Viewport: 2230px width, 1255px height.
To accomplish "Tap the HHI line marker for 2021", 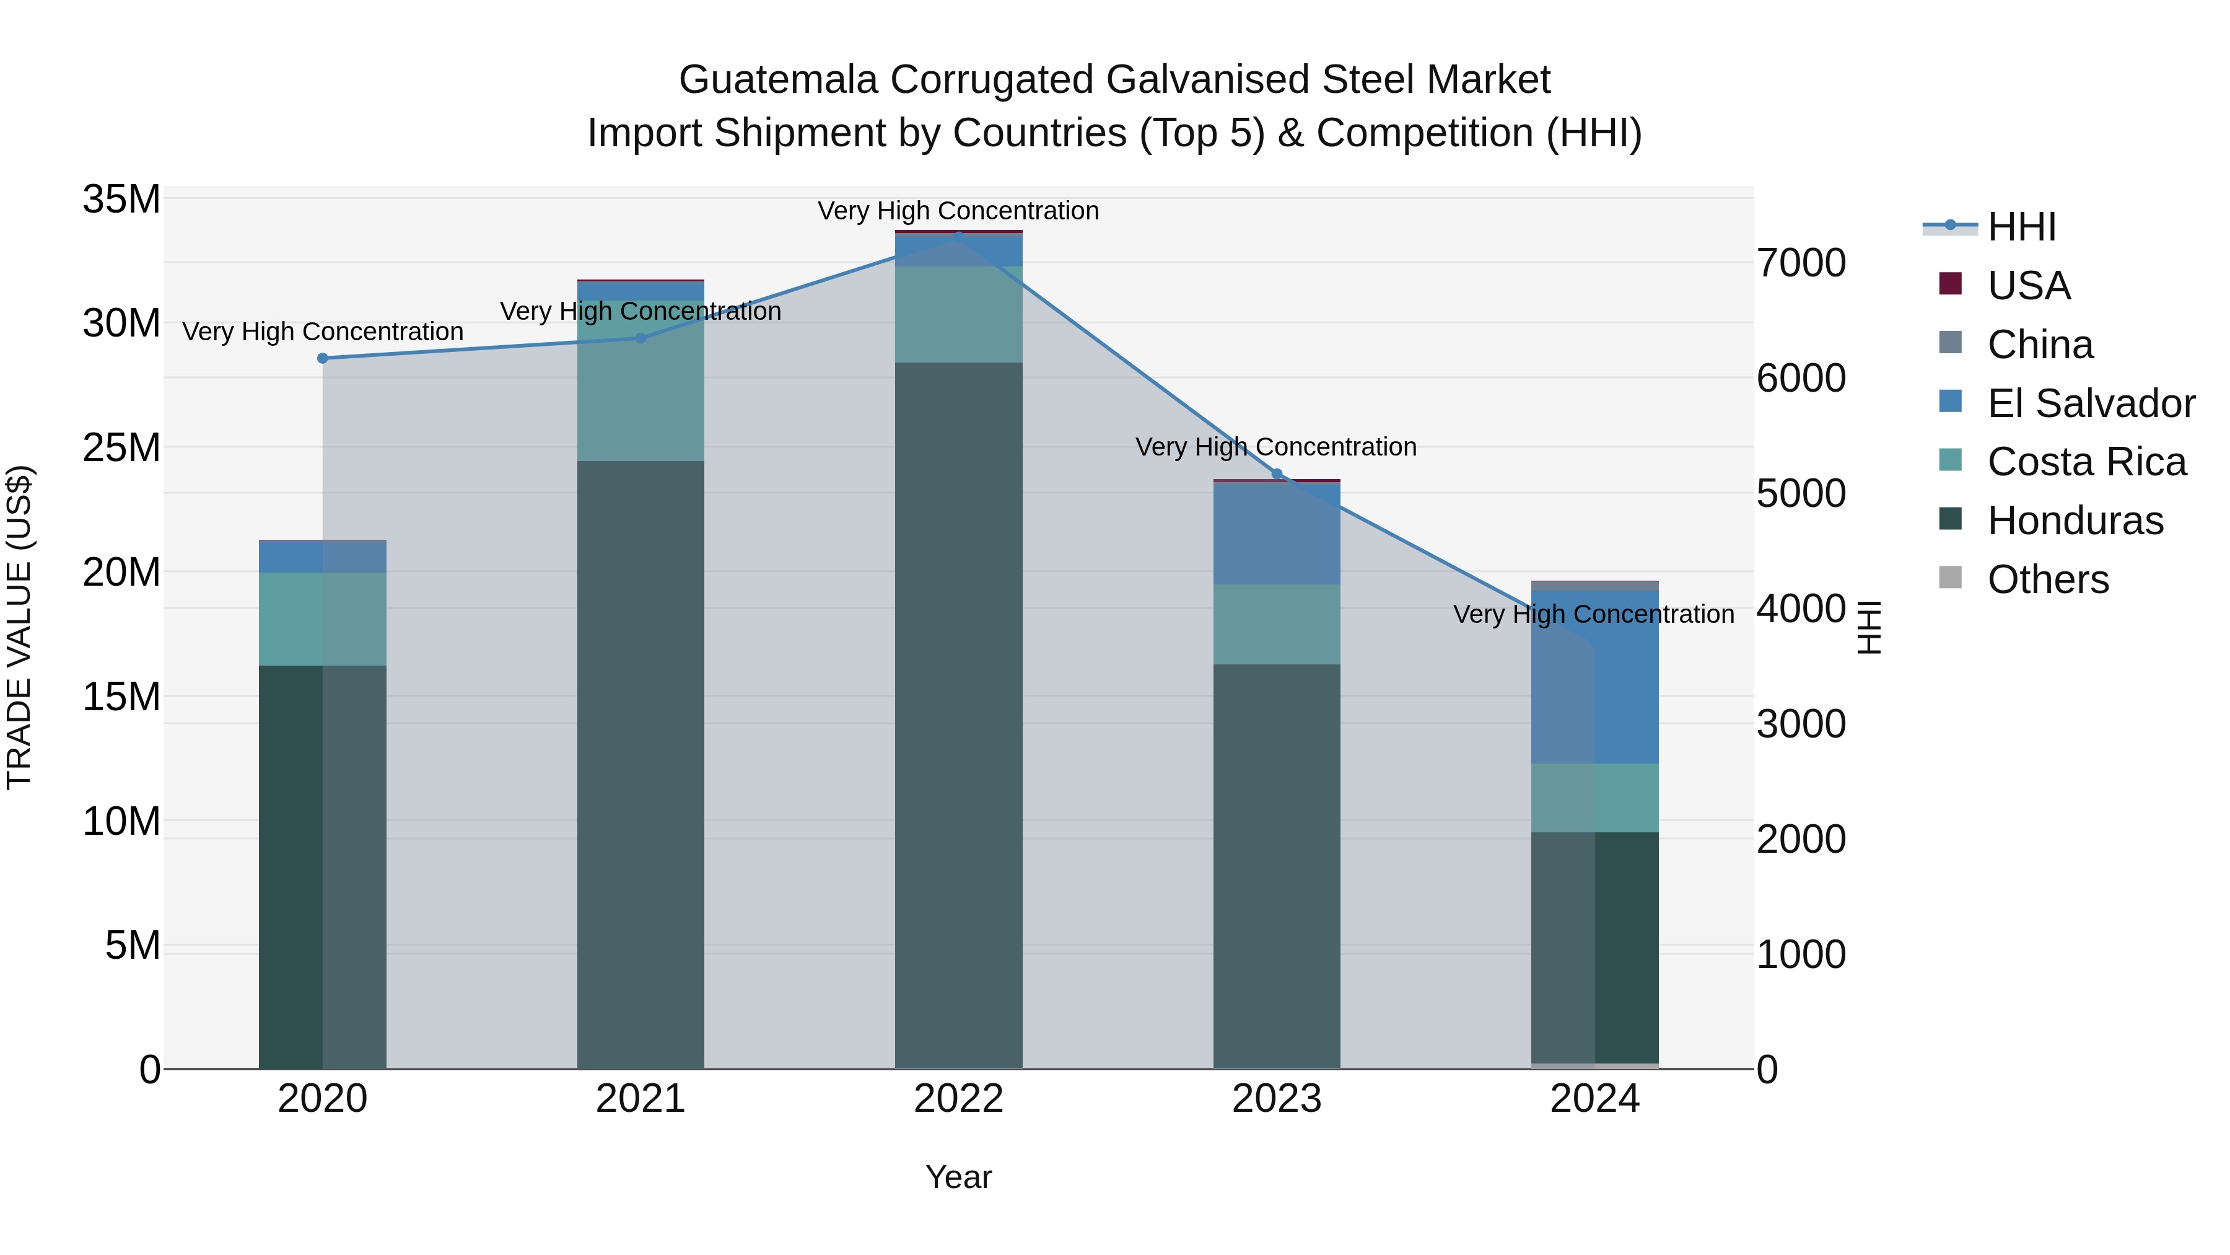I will [641, 338].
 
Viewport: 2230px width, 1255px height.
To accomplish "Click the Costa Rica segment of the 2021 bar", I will [641, 381].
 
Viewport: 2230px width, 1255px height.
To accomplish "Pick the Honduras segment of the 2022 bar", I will [958, 715].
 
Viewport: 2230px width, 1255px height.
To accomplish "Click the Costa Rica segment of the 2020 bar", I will [323, 619].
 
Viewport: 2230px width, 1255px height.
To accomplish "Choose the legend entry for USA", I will [2028, 286].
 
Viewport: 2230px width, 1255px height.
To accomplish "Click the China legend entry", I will [2040, 345].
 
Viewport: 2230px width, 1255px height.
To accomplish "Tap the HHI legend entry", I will [2021, 227].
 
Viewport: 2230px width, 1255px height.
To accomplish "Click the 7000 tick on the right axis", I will [1801, 263].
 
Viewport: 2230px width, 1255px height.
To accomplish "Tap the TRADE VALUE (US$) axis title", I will [19, 627].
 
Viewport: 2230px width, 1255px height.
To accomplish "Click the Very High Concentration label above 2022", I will [958, 211].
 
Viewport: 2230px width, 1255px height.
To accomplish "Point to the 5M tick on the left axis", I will [133, 946].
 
